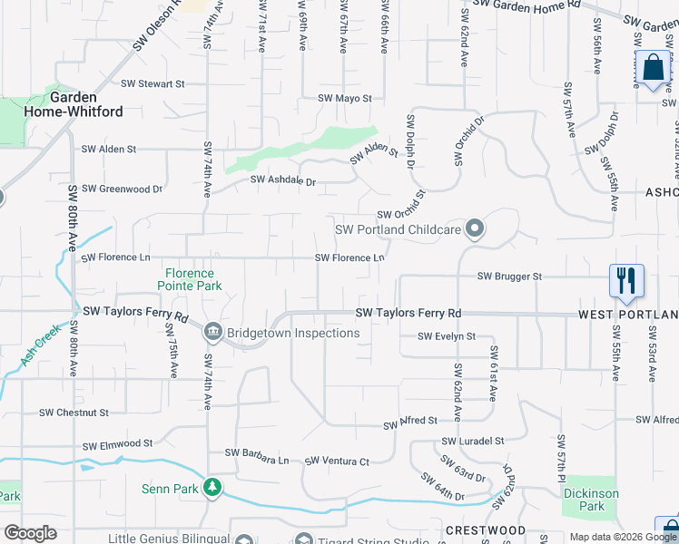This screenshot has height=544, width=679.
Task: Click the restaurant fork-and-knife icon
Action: [x=625, y=280]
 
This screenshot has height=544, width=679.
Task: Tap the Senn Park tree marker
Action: [x=212, y=489]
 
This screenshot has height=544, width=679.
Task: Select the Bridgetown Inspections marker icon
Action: [x=213, y=333]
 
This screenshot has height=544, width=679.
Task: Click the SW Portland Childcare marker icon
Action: [x=474, y=228]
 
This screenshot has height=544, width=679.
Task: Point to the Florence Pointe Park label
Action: [x=190, y=279]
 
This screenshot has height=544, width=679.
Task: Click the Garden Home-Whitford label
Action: [x=86, y=104]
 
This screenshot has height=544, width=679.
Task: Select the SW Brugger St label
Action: [x=509, y=276]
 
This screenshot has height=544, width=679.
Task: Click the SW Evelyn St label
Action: [x=447, y=336]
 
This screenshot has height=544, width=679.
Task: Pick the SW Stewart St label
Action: [x=153, y=83]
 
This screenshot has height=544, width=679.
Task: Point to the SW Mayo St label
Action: [x=345, y=98]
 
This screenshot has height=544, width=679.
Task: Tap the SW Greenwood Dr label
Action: [x=122, y=189]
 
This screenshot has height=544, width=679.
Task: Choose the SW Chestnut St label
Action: [x=74, y=412]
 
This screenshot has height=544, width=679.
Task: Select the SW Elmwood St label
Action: [x=117, y=445]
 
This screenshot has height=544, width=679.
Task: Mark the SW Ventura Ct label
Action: [x=337, y=461]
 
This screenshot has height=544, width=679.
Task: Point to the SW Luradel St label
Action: [x=473, y=441]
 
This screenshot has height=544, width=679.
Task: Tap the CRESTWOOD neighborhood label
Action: [x=485, y=529]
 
